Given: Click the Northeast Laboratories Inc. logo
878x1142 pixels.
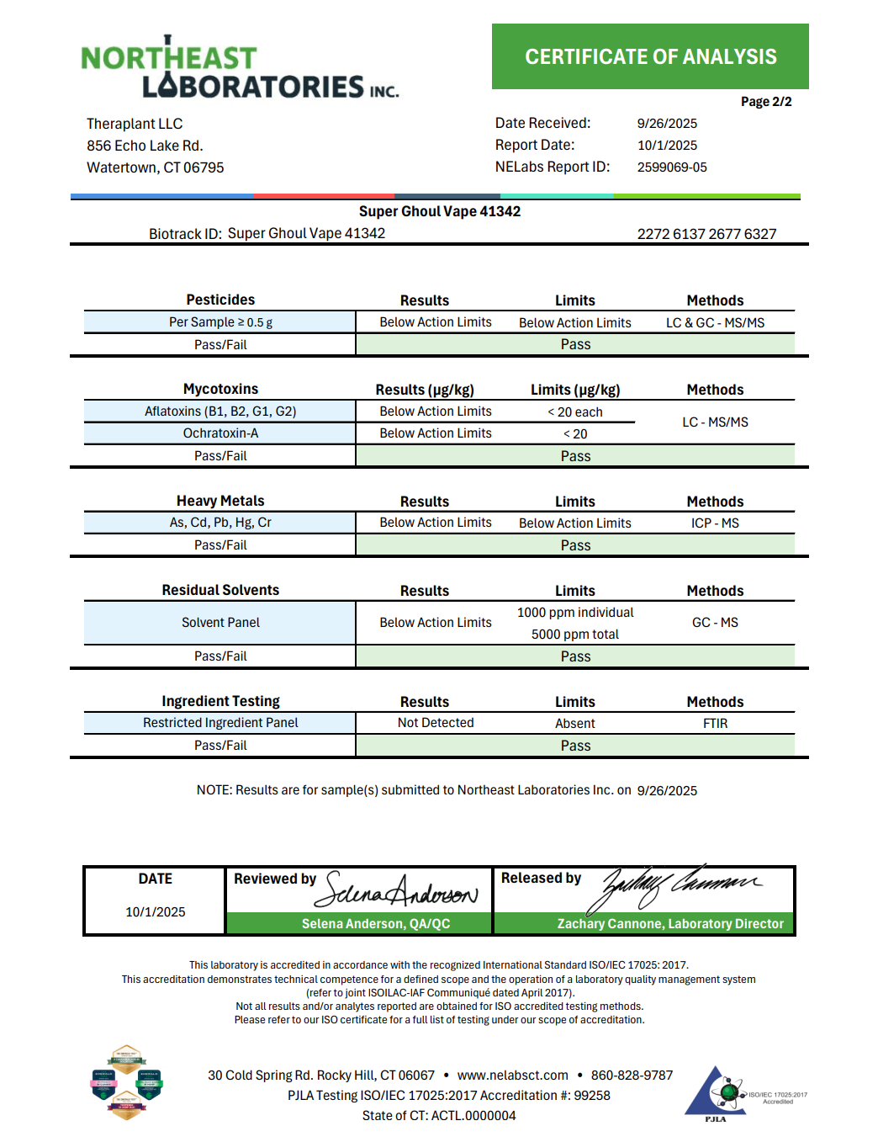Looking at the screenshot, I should (x=240, y=69).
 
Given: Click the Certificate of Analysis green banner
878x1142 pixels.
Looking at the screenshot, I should (x=650, y=56).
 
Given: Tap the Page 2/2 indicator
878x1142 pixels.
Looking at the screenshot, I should (x=765, y=102).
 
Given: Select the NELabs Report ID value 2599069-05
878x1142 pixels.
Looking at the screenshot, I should (x=672, y=167).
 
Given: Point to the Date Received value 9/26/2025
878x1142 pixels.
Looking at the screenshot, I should (x=667, y=123).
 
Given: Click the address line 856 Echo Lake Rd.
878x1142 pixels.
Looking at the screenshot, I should (x=145, y=146).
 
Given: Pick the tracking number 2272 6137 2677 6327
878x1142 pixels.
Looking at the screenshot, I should (x=706, y=234).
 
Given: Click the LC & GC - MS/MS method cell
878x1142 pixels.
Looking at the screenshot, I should (x=715, y=322).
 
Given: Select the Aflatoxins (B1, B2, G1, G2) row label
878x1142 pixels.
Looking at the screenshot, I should (x=220, y=412).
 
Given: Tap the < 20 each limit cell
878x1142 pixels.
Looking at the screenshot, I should (x=575, y=412).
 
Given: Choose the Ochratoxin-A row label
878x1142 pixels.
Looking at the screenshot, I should (x=220, y=433).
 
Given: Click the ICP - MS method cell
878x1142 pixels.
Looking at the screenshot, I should (x=715, y=523).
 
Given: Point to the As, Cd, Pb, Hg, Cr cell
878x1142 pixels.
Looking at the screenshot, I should (x=220, y=523).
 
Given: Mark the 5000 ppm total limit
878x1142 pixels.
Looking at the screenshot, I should (x=575, y=635).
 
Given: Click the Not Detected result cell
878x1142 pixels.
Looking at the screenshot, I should (x=436, y=723).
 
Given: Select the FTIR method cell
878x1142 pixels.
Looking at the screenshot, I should (x=715, y=723).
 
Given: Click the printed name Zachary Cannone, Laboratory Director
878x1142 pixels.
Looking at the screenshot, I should (x=670, y=924).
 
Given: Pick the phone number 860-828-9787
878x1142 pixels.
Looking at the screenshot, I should (x=632, y=1076).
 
